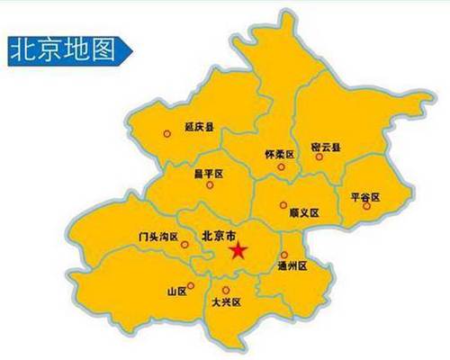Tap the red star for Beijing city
(x=238, y=250)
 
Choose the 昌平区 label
(x=208, y=174)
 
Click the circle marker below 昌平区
(x=210, y=184)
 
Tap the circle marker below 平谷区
(x=366, y=206)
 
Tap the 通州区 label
(x=292, y=266)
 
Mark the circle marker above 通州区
(x=284, y=255)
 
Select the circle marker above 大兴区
(x=225, y=290)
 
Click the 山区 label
(x=175, y=292)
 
